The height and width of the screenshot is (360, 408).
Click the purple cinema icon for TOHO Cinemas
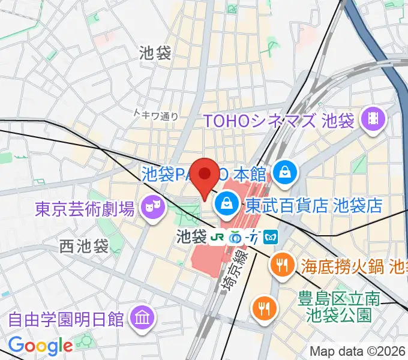click(373, 121)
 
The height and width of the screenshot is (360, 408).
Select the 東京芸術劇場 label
click(85, 209)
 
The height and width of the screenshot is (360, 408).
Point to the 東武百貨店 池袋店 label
click(313, 205)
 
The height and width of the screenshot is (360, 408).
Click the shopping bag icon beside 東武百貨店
click(227, 205)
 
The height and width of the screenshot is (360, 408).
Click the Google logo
click(41, 346)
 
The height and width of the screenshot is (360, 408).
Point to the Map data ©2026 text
click(358, 350)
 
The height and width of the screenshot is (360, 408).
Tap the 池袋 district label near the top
click(154, 53)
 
